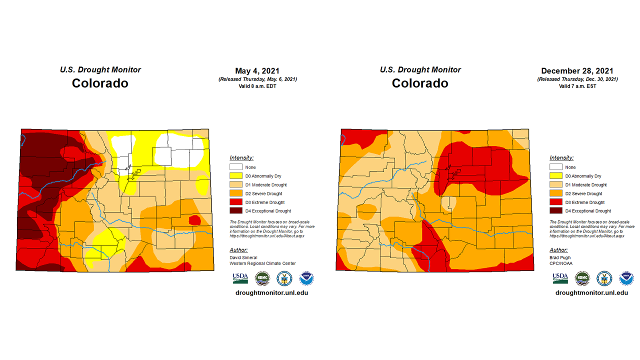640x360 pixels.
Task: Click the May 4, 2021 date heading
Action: point(257,71)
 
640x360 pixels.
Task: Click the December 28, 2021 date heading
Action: point(577,71)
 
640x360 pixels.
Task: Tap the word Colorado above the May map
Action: point(100,83)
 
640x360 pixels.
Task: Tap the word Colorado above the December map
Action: point(420,83)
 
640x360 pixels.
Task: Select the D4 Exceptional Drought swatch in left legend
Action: point(236,211)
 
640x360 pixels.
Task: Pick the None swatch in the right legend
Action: point(556,167)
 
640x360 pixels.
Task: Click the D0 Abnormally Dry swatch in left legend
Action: point(236,176)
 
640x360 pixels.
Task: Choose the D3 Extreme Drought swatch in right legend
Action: point(556,202)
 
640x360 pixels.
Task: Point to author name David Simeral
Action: point(243,257)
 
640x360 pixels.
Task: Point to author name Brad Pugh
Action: point(560,257)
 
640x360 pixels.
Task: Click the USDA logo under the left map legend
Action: point(240,278)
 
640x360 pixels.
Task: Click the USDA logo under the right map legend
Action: point(560,278)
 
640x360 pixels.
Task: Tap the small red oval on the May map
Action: point(194,220)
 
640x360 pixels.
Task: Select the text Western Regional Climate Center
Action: point(262,263)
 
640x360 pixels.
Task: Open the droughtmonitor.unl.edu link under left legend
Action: point(271,292)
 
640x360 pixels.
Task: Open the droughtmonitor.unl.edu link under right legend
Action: point(591,292)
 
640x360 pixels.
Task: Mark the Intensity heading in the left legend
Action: point(241,158)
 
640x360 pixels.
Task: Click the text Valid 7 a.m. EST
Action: point(577,86)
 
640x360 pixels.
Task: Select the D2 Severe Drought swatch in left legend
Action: point(236,193)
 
